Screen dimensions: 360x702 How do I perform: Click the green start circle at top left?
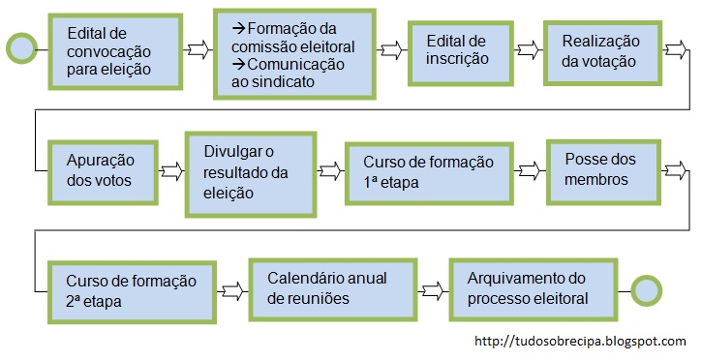21,46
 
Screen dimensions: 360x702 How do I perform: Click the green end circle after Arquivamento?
646,288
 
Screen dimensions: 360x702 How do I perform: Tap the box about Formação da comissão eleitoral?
294,54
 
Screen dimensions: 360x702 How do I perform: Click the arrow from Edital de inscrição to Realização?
529,48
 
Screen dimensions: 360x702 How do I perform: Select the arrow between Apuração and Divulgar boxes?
171,171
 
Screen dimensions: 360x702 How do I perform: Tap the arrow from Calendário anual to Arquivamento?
432,288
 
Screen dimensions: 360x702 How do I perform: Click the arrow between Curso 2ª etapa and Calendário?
232,288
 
